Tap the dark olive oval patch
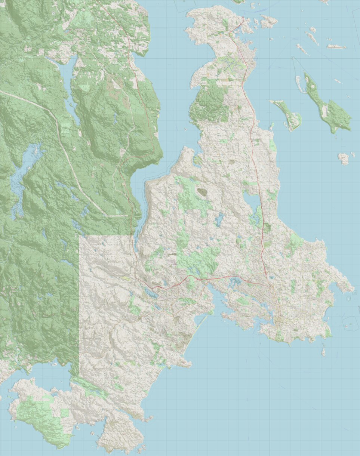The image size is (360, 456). (x=202, y=192)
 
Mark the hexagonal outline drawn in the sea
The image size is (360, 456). (x=350, y=323)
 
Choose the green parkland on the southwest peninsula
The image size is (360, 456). (x=37, y=415)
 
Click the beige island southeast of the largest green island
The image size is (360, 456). (x=344, y=159)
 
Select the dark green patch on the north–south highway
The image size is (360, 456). (x=267, y=227)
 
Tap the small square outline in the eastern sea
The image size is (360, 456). (x=354, y=292)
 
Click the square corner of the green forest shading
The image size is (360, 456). (x=80, y=236)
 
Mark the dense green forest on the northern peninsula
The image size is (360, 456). (x=209, y=103)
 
